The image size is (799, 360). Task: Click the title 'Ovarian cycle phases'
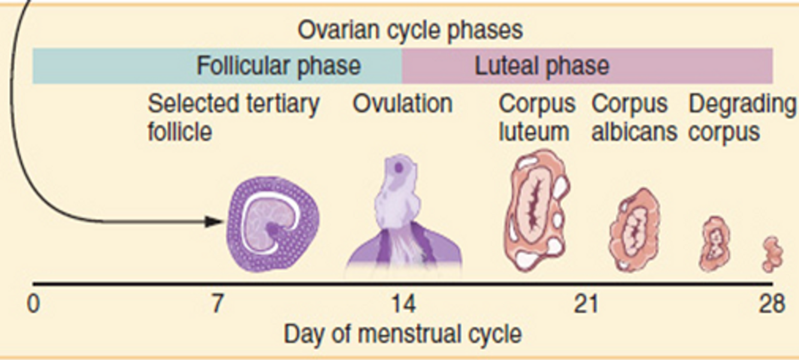click(x=410, y=30)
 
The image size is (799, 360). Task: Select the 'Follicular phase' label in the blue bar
click(x=279, y=65)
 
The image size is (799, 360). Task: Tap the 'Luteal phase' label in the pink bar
click(x=541, y=65)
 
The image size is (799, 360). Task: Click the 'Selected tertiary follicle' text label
click(x=233, y=117)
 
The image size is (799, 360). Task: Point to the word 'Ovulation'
click(x=402, y=104)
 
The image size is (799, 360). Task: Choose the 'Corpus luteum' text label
click(x=536, y=117)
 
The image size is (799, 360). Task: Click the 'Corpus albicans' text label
click(x=634, y=117)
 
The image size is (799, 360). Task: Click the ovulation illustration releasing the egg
click(x=402, y=216)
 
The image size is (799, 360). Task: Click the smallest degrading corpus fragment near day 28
click(x=772, y=254)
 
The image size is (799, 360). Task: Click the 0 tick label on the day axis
click(x=34, y=304)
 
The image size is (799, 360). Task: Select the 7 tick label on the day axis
click(x=217, y=304)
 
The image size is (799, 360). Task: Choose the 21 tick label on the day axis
click(x=586, y=304)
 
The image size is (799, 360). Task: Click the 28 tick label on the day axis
click(x=771, y=304)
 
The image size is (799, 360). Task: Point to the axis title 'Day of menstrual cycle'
click(x=402, y=334)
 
